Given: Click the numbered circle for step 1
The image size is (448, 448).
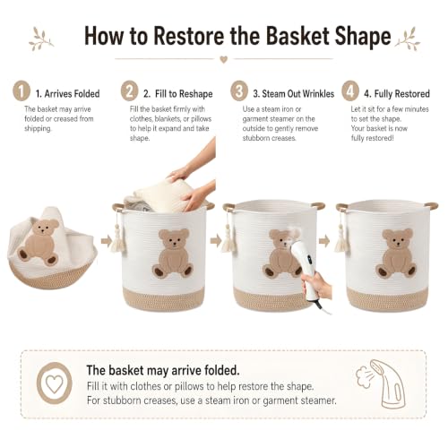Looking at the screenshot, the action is pos(22,91).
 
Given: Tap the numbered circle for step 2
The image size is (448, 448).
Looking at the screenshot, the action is pos(129,91).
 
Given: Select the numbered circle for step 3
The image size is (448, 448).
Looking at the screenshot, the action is pos(239,91).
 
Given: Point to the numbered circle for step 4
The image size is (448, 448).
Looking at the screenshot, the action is pos(350,91).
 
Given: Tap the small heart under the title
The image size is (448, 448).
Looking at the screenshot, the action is pos(224,59).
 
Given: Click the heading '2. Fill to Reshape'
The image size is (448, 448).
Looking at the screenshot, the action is pos(178,94).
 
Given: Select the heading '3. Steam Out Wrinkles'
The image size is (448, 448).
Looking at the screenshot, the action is pos(294,94).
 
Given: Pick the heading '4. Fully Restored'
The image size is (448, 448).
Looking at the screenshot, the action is pos(397,94).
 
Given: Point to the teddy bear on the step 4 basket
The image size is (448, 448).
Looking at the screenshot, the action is pos(396,254).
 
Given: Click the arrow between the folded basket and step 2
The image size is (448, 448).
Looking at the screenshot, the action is pos(106,241).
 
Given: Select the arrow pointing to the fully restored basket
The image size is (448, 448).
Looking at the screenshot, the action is pos(324,241).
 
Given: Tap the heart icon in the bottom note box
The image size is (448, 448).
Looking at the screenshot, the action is pos(55,383).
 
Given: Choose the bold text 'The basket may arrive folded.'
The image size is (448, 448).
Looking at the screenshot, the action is pos(163,370).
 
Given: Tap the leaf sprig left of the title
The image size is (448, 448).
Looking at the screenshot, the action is pos(41,39).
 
